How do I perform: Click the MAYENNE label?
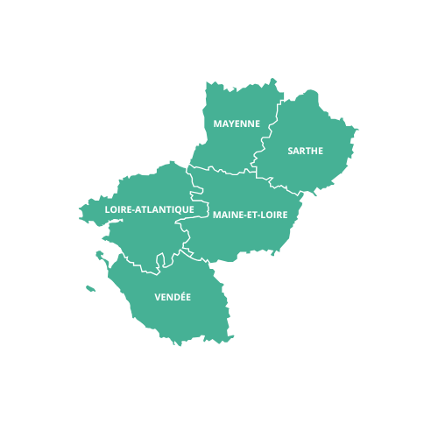[237, 124]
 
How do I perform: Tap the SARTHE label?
[305, 151]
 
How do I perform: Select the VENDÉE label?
[173, 297]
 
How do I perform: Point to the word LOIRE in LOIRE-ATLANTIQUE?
[118, 209]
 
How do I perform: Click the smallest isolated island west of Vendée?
[90, 287]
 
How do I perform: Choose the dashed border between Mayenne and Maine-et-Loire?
[223, 170]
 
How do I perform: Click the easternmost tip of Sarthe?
[358, 132]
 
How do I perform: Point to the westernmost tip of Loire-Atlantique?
[80, 210]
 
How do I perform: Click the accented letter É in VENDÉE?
[180, 296]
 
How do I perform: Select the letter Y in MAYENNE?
[231, 124]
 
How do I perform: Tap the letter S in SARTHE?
[291, 151]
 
